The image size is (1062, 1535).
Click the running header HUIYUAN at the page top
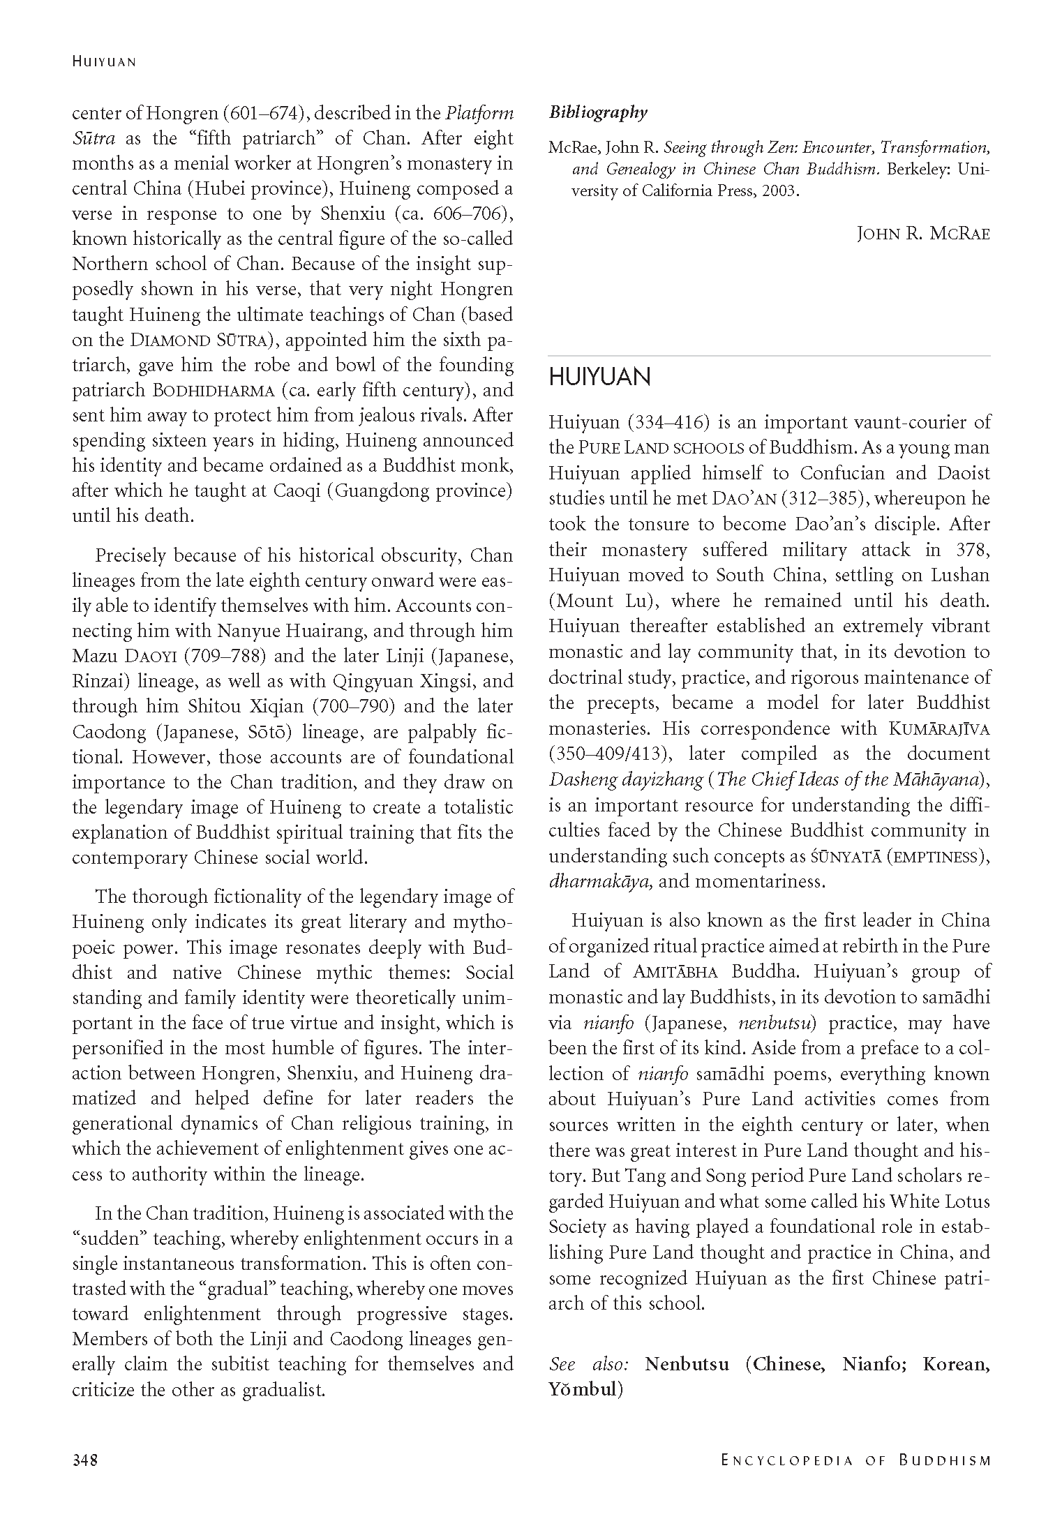point(104,62)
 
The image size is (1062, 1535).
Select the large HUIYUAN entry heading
point(599,377)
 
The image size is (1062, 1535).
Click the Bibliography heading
point(598,112)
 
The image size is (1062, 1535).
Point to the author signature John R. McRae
point(923,234)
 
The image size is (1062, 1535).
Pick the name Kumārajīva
point(939,729)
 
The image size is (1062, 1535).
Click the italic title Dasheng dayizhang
point(625,780)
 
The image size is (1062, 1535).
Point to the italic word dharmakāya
point(600,881)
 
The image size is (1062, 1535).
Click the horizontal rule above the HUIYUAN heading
point(769,357)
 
